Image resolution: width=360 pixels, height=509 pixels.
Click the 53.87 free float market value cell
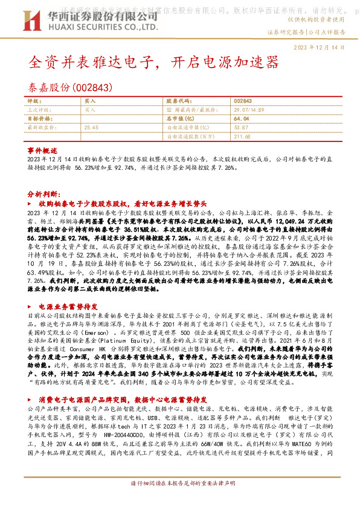[x=241, y=128]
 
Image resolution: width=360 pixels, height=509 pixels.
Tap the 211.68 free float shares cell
[x=242, y=137]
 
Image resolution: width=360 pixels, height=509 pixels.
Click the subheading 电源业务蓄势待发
[x=66, y=306]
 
